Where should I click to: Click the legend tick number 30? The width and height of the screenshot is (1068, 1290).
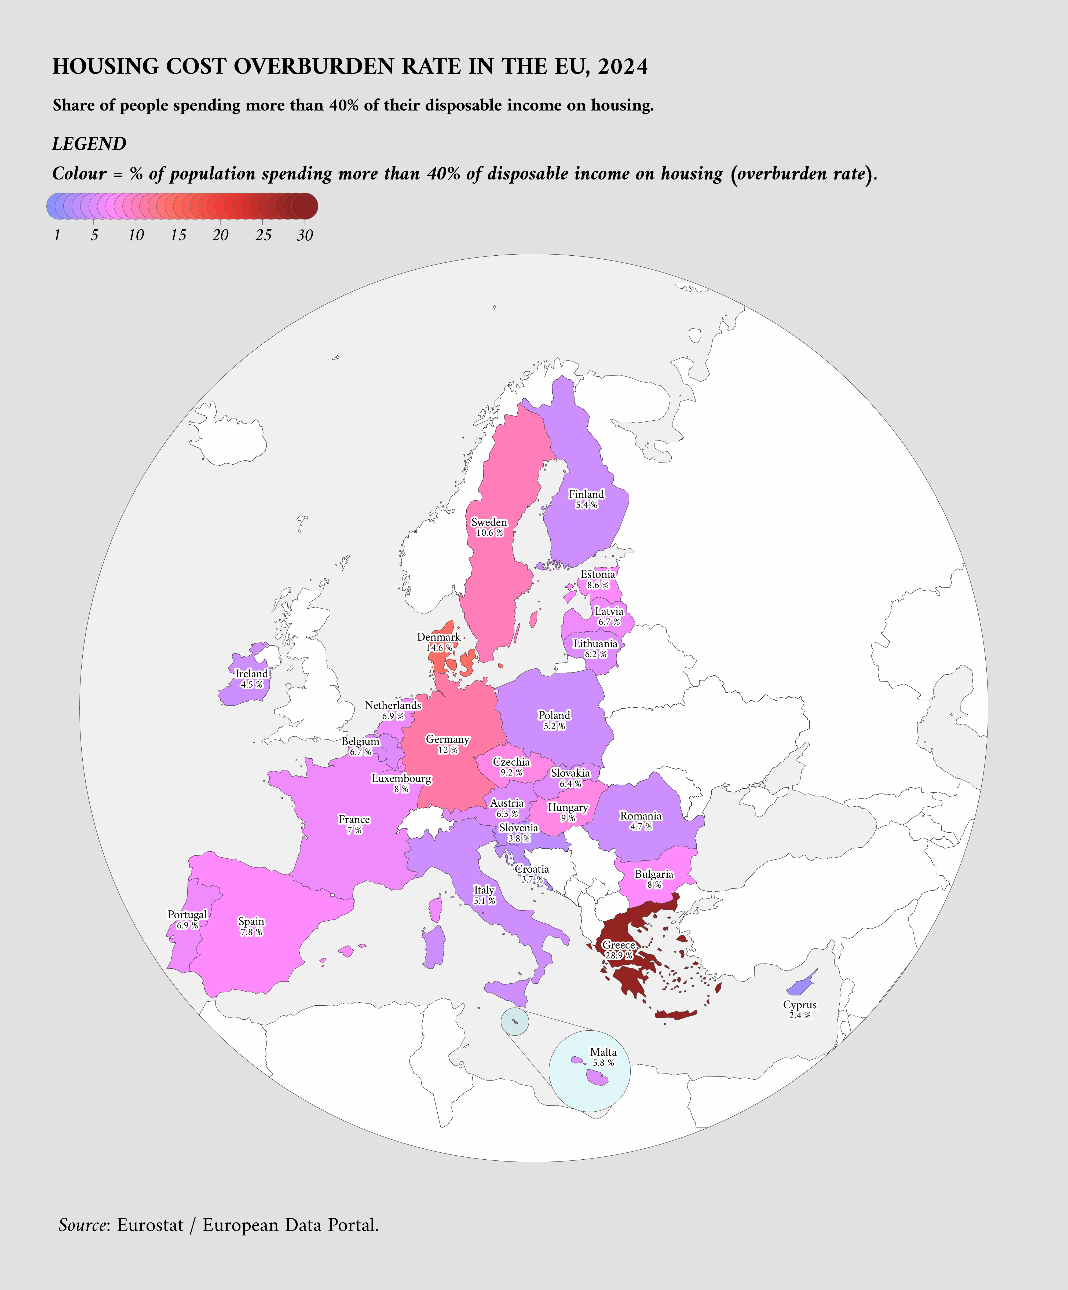(305, 235)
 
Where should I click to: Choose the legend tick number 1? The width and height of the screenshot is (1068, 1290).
(57, 235)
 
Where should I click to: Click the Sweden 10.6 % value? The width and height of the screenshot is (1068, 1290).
(489, 532)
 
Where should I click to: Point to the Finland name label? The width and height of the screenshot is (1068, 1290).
(586, 494)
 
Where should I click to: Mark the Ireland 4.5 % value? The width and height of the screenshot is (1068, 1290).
(251, 684)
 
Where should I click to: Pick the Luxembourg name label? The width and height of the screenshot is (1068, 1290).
(401, 778)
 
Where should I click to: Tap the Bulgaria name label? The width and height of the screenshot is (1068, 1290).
(654, 874)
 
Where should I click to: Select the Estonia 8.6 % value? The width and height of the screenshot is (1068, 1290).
(597, 585)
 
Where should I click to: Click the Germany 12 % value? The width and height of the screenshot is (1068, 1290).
(447, 750)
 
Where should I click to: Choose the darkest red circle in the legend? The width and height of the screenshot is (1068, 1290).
(305, 206)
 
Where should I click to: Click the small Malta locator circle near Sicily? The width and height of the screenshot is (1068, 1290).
(514, 1021)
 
